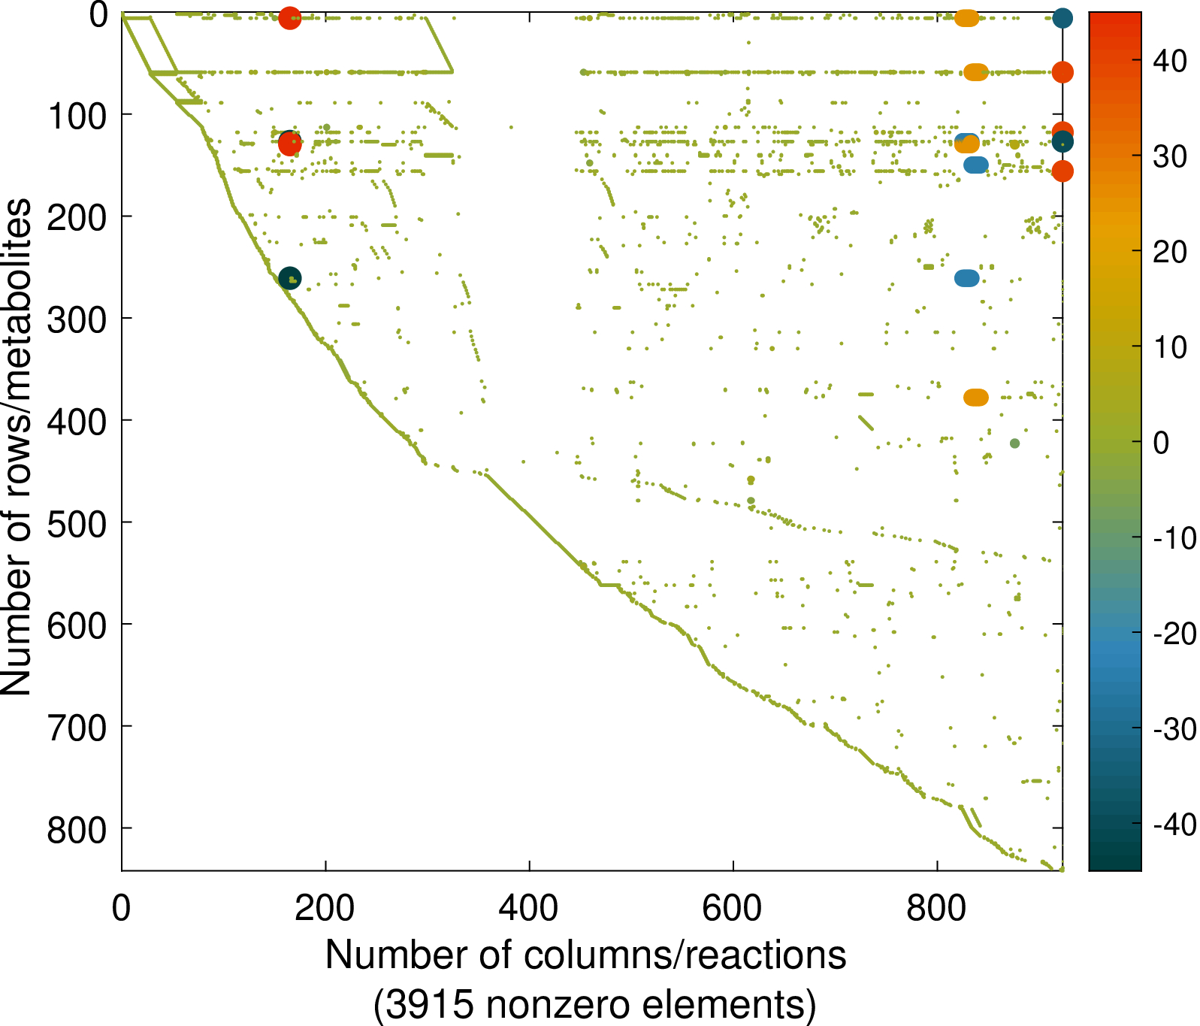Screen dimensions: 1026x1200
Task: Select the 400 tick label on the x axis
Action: (x=529, y=908)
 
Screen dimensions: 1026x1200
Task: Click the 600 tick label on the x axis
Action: (x=733, y=908)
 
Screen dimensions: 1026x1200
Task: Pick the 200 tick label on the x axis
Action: (x=325, y=908)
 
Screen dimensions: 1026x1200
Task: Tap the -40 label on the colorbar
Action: (x=1174, y=825)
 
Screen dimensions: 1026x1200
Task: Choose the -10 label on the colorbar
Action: (x=1174, y=538)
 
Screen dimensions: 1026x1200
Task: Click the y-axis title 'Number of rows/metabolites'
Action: (x=17, y=446)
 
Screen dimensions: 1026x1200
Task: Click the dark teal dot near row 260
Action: (x=289, y=278)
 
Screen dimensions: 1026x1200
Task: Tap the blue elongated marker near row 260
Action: (x=967, y=278)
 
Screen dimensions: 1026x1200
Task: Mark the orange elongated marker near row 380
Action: (x=976, y=397)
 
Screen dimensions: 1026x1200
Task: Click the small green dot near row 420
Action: (x=1014, y=443)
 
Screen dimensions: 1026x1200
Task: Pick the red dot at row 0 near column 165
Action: (x=289, y=18)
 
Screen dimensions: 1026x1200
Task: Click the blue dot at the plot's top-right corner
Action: (x=1062, y=18)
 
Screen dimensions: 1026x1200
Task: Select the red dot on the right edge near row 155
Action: (x=1062, y=171)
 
